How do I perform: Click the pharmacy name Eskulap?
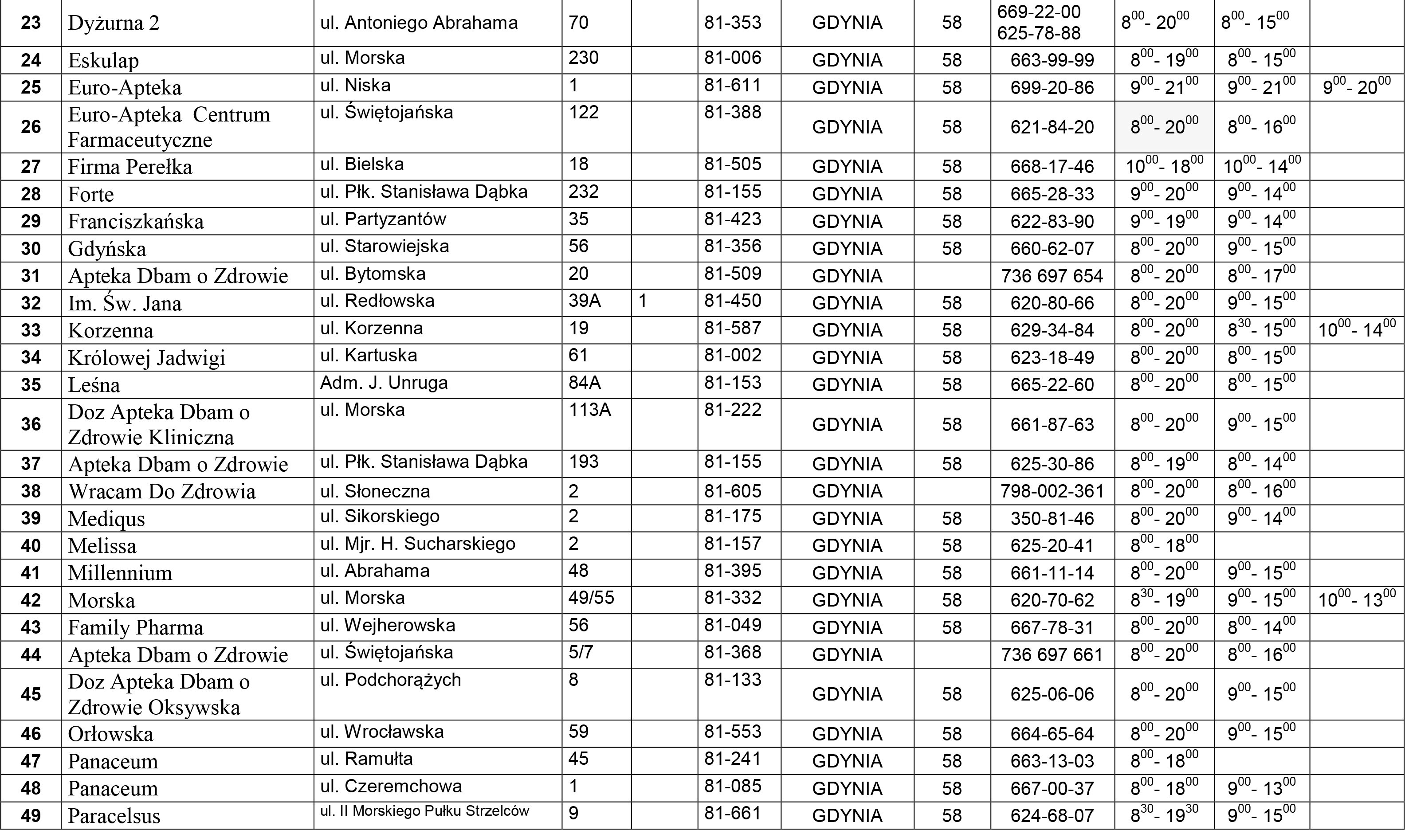pyautogui.click(x=103, y=60)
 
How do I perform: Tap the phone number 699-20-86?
pyautogui.click(x=1052, y=88)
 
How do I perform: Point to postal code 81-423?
pyautogui.click(x=733, y=219)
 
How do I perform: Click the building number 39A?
pyautogui.click(x=585, y=301)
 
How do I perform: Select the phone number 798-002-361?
pyautogui.click(x=1052, y=492)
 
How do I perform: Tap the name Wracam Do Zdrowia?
pyautogui.click(x=161, y=492)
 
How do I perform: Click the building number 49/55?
pyautogui.click(x=591, y=598)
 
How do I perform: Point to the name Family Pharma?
pyautogui.click(x=135, y=627)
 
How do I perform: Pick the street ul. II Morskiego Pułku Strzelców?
pyautogui.click(x=424, y=811)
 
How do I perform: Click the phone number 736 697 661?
pyautogui.click(x=1052, y=655)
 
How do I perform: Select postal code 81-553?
pyautogui.click(x=733, y=732)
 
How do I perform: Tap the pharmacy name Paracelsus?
pyautogui.click(x=114, y=816)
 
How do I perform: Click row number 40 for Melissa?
pyautogui.click(x=31, y=546)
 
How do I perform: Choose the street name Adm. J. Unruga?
pyautogui.click(x=384, y=383)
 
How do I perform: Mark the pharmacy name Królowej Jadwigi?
pyautogui.click(x=146, y=358)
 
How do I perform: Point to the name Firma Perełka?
pyautogui.click(x=130, y=167)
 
